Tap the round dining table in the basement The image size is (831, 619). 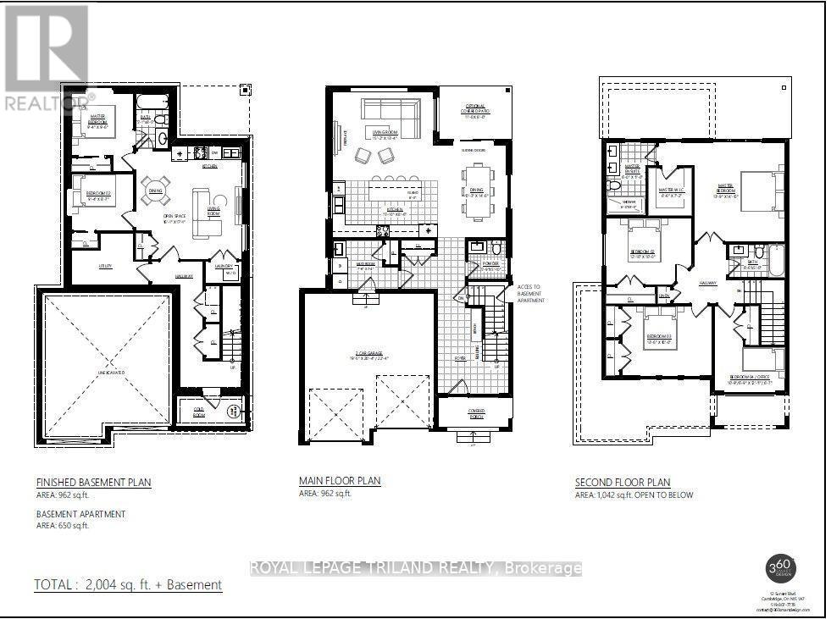(155, 187)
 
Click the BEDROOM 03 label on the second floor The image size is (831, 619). (658, 336)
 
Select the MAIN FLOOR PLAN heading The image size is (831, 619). (340, 481)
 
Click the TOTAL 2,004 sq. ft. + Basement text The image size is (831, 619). (128, 584)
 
